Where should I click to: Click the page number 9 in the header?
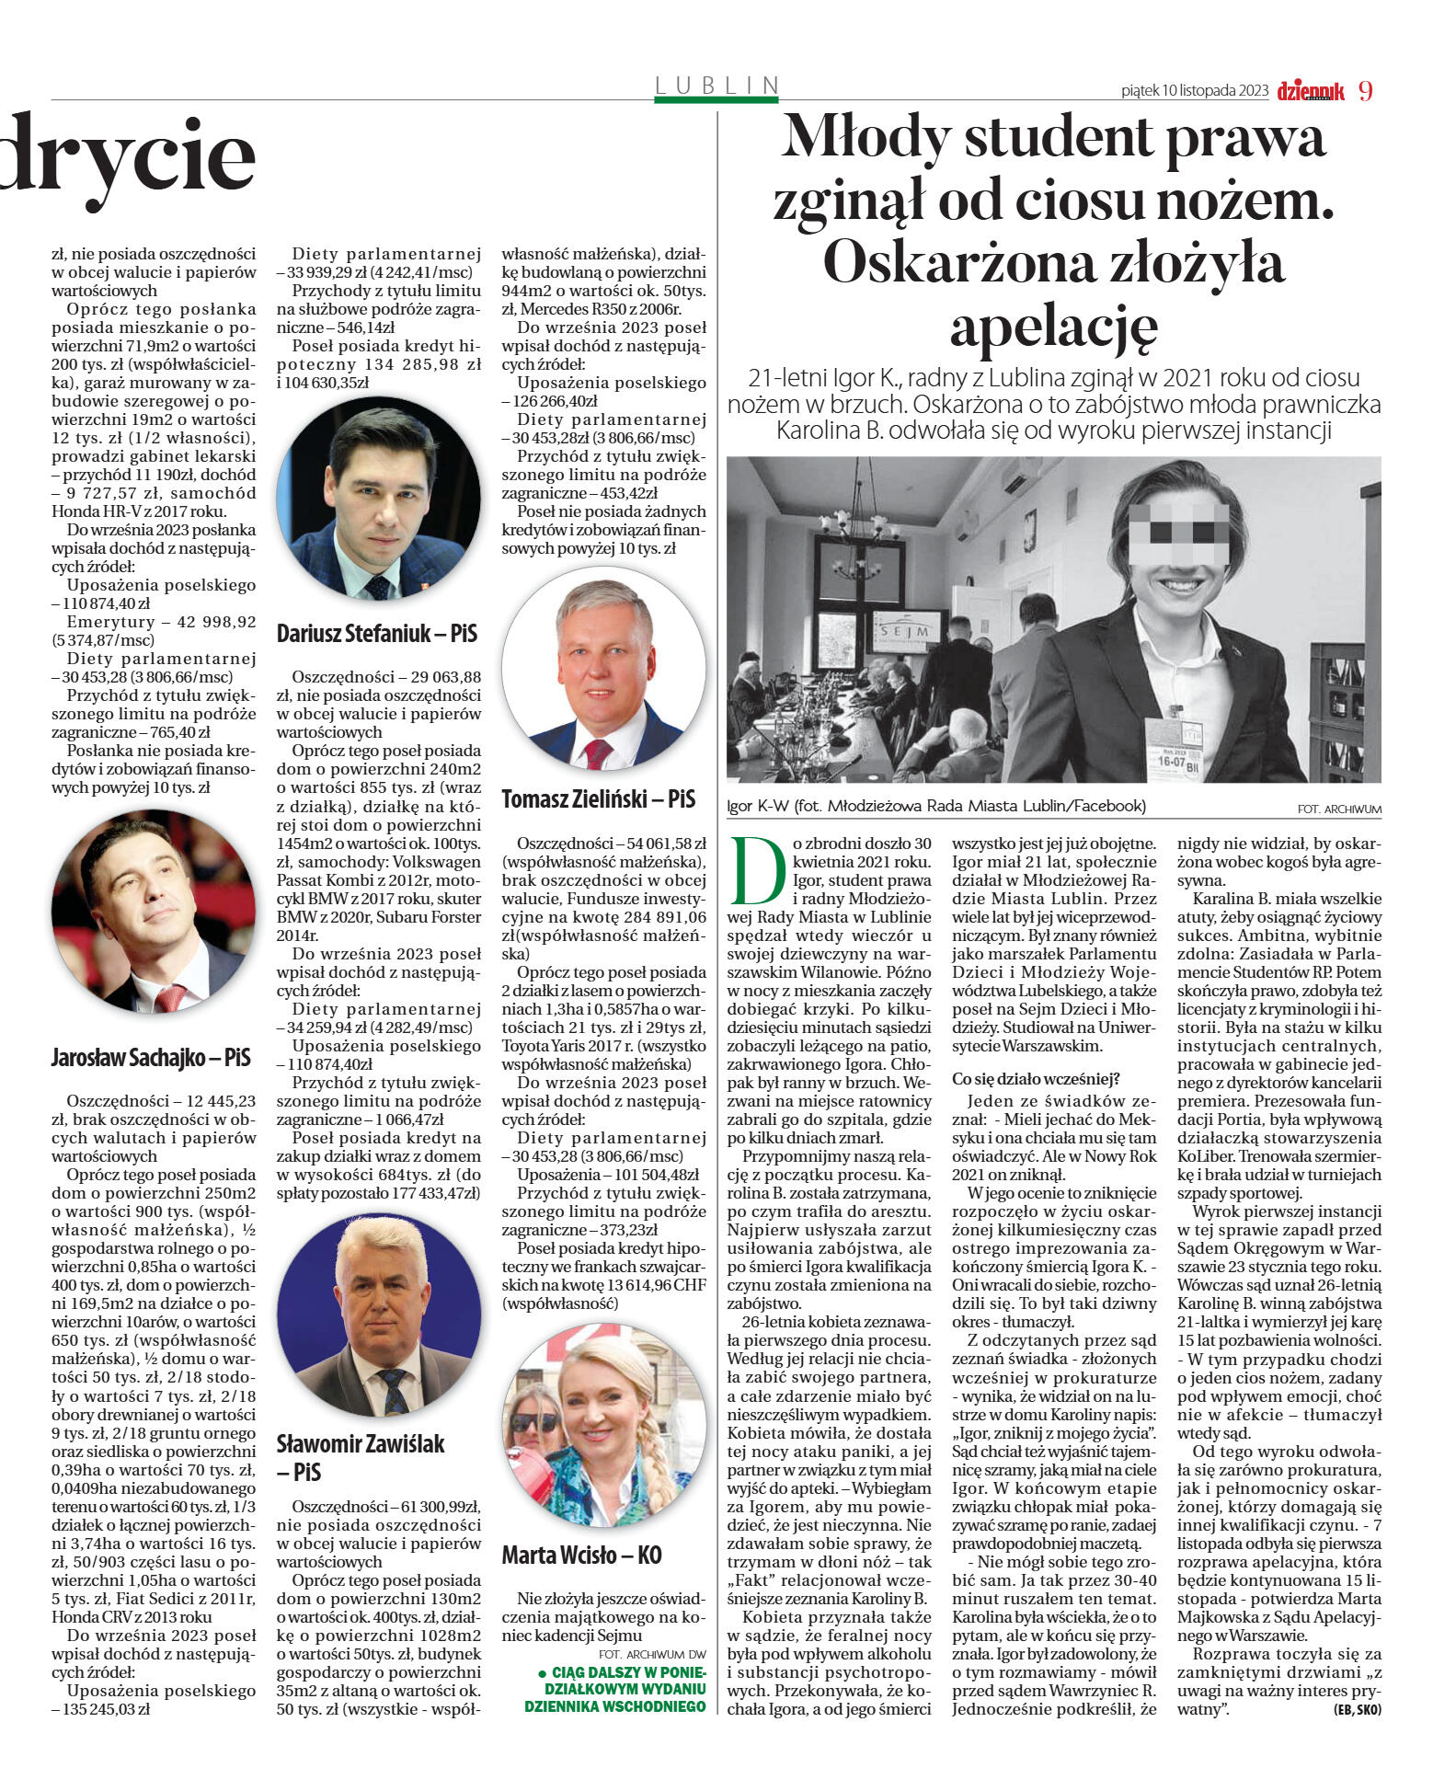click(x=1365, y=90)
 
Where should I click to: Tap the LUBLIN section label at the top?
click(x=716, y=86)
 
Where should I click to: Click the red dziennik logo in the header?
click(x=1310, y=90)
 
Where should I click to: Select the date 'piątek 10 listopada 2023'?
click(x=1194, y=91)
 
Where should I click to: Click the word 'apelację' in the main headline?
click(x=1052, y=327)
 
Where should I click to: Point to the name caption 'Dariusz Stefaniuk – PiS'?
click(x=377, y=633)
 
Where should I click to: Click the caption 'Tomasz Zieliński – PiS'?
click(x=598, y=798)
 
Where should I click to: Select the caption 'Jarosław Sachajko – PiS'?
click(x=151, y=1058)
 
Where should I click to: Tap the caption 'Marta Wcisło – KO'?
click(x=581, y=1555)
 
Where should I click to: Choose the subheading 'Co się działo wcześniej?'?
click(x=1035, y=1078)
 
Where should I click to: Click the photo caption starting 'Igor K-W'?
click(x=936, y=806)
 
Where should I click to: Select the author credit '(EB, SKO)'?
click(x=1357, y=1709)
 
